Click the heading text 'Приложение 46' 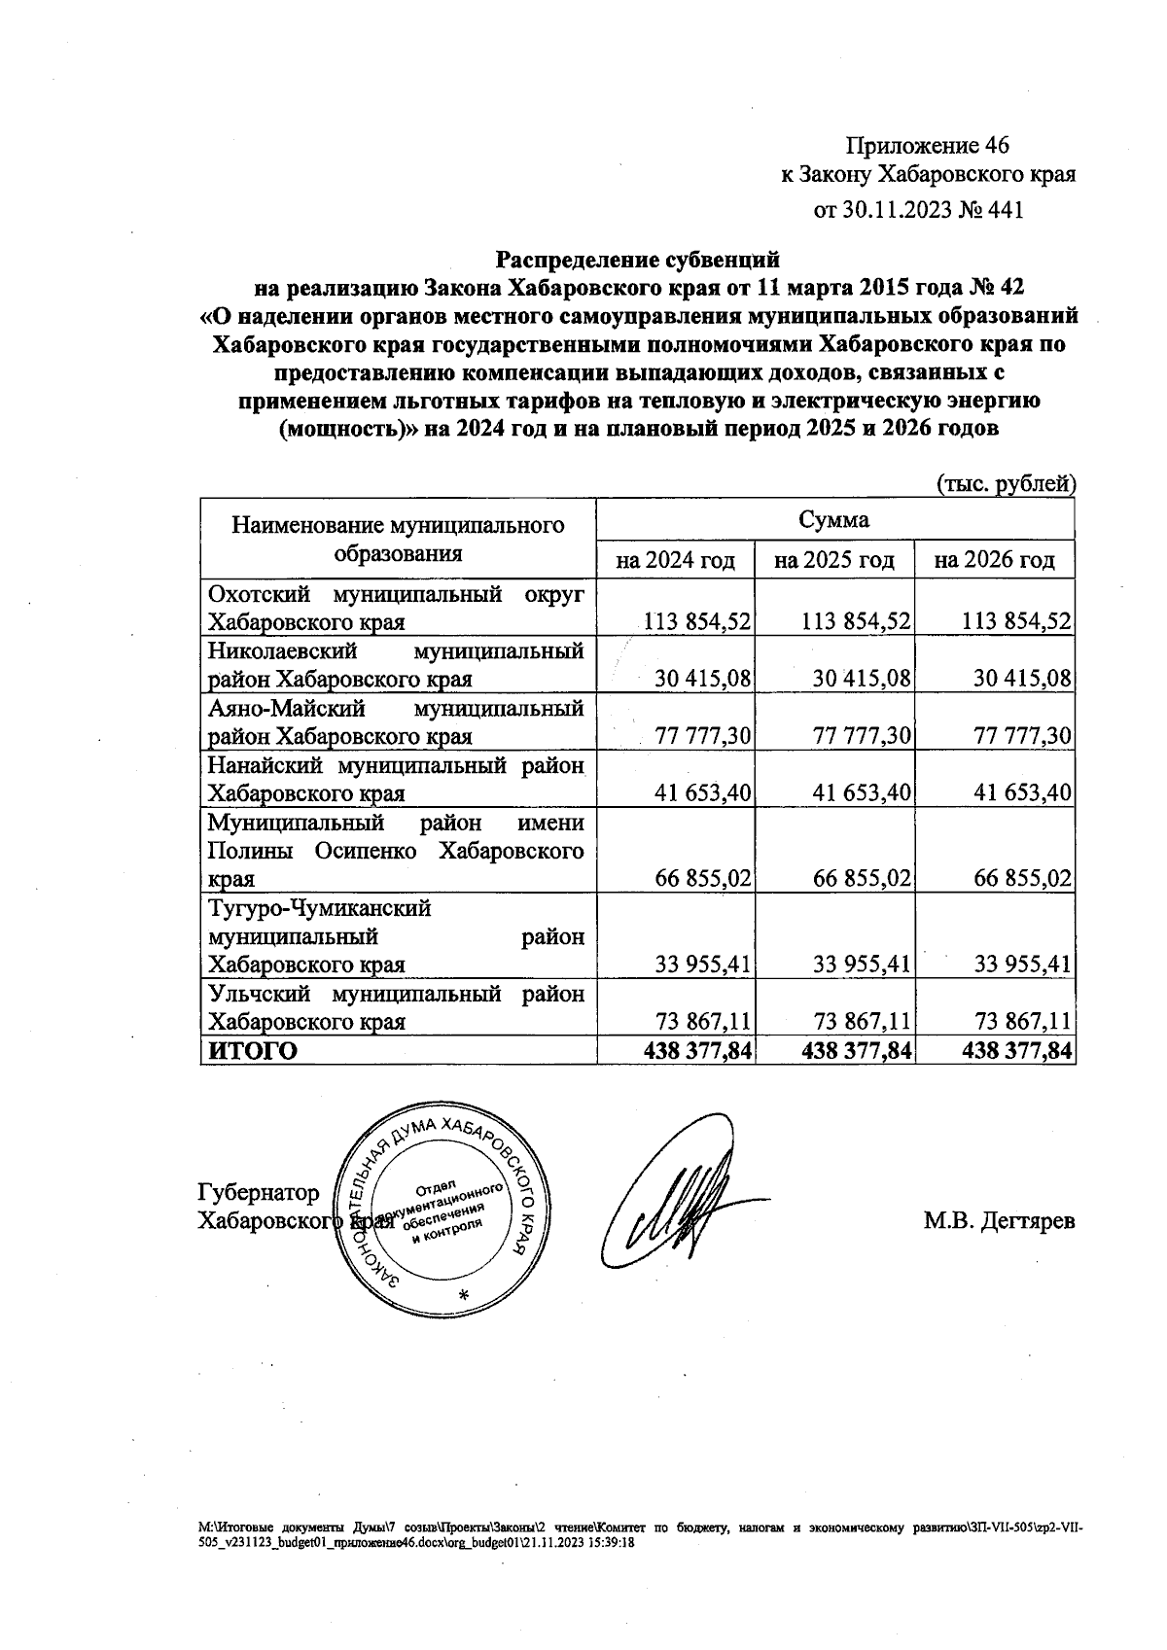point(928,146)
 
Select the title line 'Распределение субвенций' point(638,260)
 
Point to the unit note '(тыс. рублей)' point(1006,483)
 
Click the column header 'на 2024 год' point(675,560)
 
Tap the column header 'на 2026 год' point(994,560)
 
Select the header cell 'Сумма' point(834,519)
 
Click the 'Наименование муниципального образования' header point(398,540)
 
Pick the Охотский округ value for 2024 point(697,622)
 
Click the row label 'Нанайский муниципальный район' point(397,780)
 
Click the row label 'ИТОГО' point(249,1051)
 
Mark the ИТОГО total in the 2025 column point(856,1051)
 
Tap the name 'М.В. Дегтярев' point(999,1221)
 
